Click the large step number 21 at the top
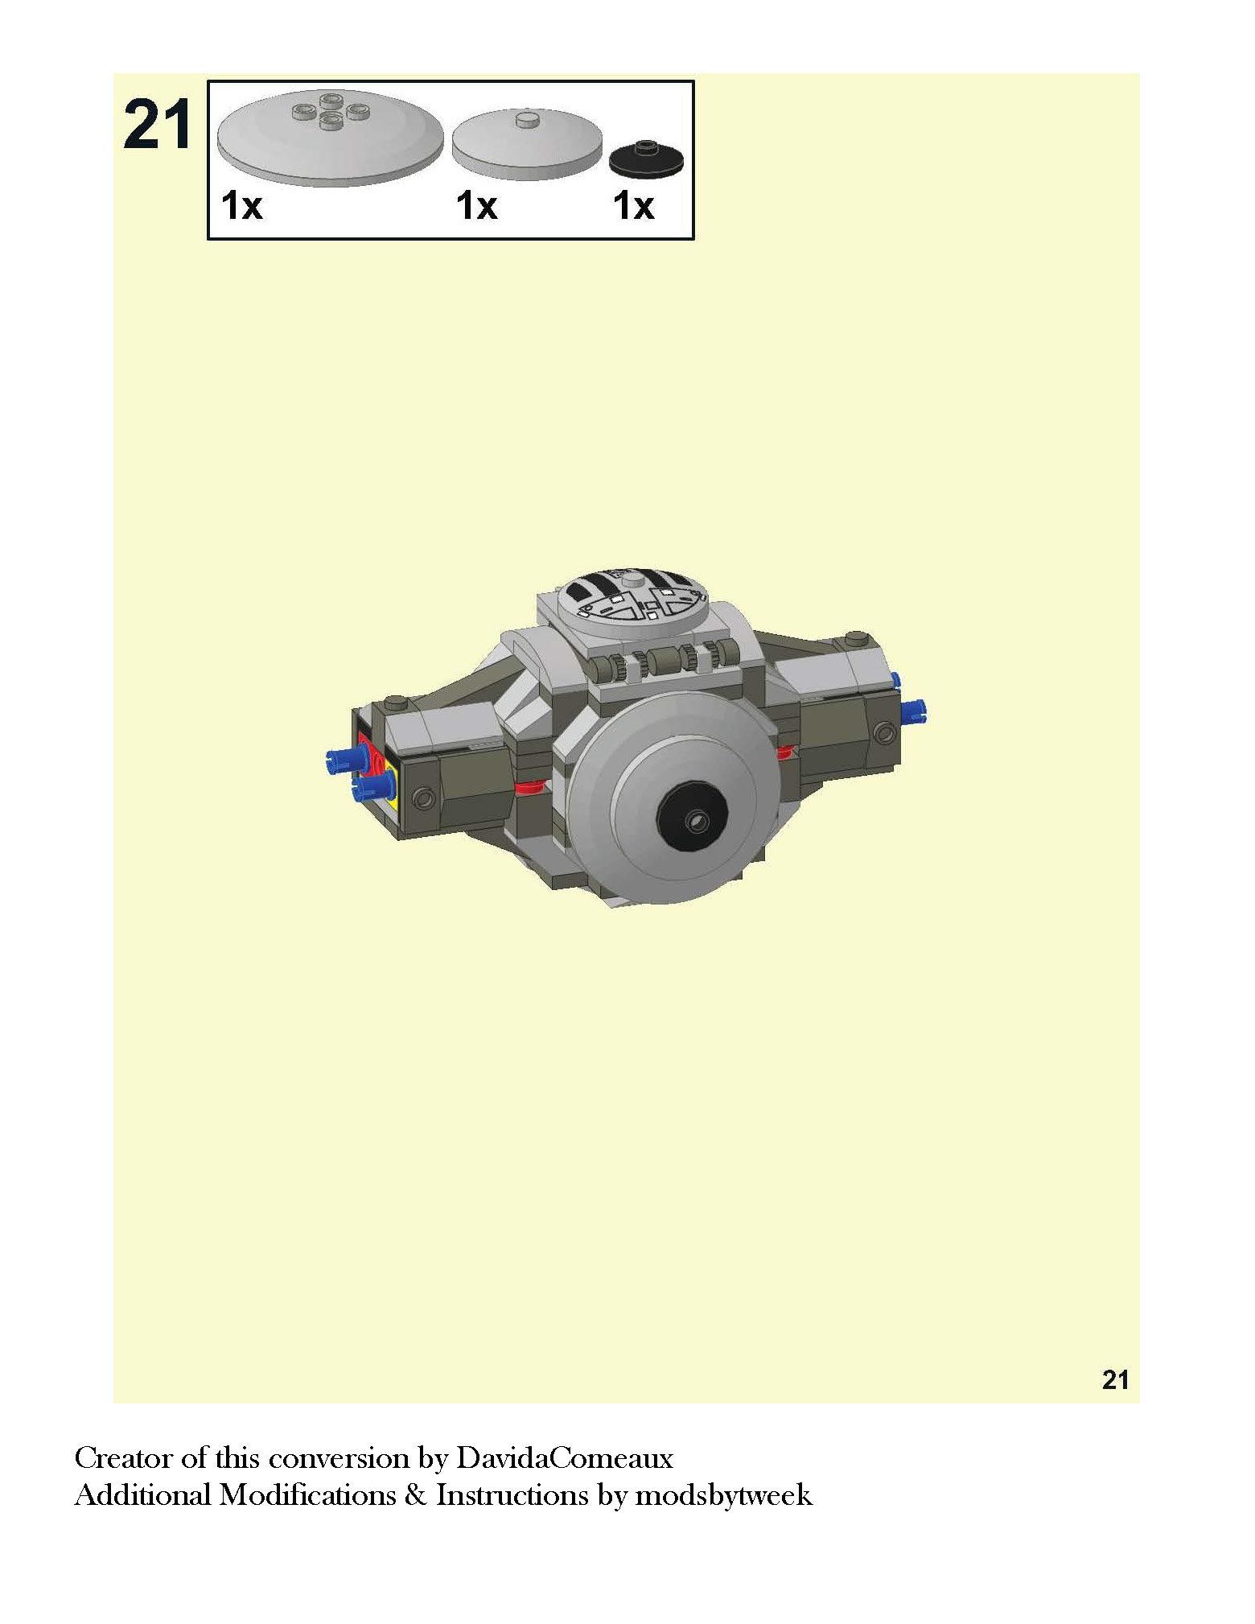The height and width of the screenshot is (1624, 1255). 158,124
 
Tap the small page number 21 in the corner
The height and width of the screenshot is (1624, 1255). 1115,1380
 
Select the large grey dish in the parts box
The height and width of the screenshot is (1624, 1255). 330,137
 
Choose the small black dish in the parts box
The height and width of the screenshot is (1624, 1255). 646,159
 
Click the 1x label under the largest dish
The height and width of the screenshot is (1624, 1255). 242,206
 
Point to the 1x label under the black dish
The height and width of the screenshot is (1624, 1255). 634,206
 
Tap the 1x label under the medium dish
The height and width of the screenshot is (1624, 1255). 477,206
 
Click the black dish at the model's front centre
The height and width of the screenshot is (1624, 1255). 693,819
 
